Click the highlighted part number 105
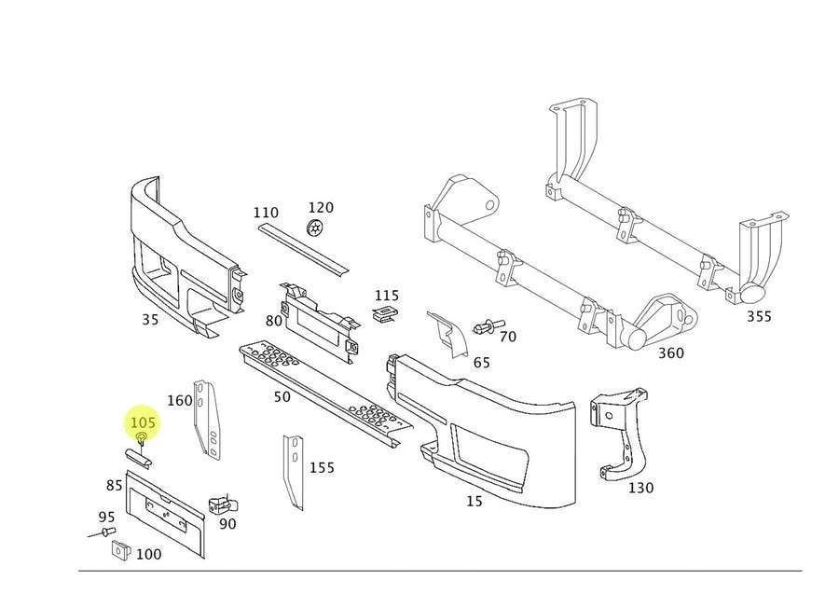(x=143, y=422)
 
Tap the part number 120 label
(x=321, y=207)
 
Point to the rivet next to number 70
(x=488, y=325)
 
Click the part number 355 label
(x=759, y=316)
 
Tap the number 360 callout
(x=670, y=352)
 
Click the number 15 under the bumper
(x=475, y=501)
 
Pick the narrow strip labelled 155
(x=294, y=472)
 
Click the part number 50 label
(x=282, y=396)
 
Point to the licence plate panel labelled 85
(x=165, y=514)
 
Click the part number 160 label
(x=180, y=400)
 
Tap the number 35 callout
(x=150, y=320)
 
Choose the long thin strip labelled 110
(x=303, y=251)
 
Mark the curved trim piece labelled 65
(x=447, y=335)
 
